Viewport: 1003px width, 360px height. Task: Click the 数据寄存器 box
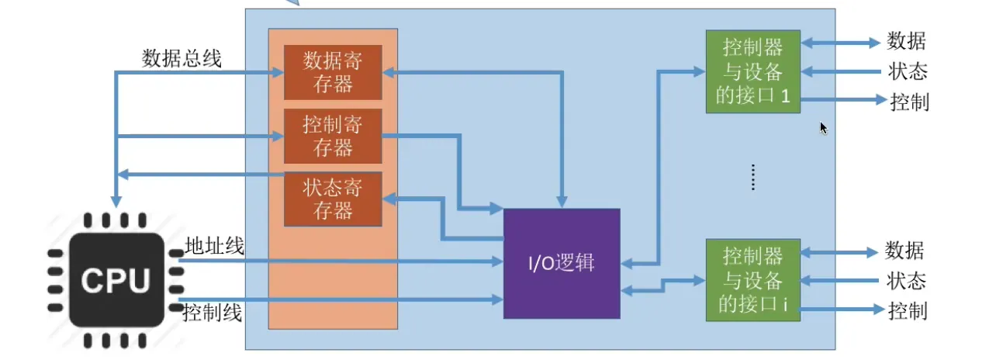[x=333, y=72]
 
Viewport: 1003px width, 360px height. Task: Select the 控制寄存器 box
[x=333, y=136]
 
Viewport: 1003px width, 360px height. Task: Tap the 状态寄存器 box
[x=333, y=199]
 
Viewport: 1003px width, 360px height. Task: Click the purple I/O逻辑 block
[x=562, y=263]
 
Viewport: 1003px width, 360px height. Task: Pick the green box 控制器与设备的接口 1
[x=752, y=72]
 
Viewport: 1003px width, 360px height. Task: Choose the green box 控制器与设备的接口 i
[x=752, y=279]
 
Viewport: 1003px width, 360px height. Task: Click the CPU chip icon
[x=116, y=280]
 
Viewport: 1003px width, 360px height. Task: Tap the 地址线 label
[x=214, y=247]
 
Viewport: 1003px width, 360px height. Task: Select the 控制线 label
[x=213, y=313]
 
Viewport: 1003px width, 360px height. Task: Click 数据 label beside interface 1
[x=906, y=42]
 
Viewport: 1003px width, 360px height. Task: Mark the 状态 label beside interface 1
[x=908, y=72]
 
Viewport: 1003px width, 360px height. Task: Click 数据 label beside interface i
[x=904, y=251]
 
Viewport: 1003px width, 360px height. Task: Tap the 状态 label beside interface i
[x=906, y=280]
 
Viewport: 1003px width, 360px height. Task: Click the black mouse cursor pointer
[x=824, y=128]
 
